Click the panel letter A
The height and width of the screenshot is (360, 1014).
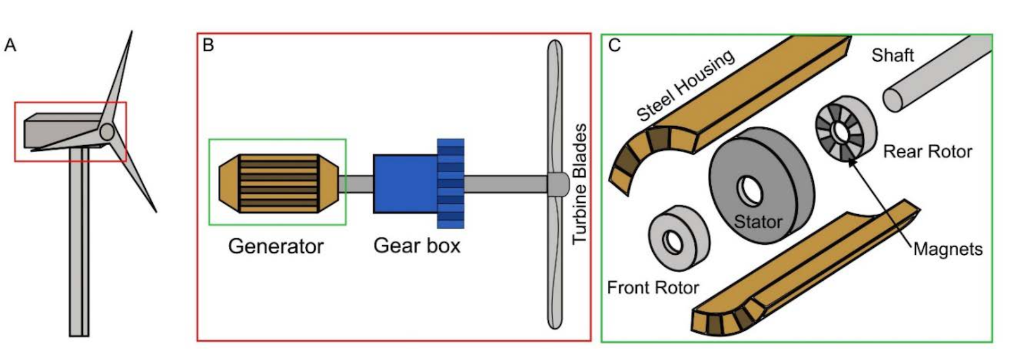click(10, 46)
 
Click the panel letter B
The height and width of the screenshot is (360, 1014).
click(208, 46)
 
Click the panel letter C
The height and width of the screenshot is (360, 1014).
click(613, 46)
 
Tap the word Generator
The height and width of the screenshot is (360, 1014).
click(276, 246)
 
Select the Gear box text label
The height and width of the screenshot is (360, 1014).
click(416, 245)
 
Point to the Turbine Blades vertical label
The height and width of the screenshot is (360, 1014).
click(579, 184)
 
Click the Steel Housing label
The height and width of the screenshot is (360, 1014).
click(685, 85)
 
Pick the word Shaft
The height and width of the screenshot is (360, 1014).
click(892, 56)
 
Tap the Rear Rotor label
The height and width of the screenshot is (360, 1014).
click(927, 151)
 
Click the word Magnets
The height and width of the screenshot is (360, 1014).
click(947, 249)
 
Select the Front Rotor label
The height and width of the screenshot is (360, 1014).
click(653, 288)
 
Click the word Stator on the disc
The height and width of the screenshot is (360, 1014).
click(758, 222)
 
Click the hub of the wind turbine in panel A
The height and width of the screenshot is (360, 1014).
click(107, 132)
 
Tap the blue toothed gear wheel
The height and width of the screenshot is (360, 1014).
click(451, 183)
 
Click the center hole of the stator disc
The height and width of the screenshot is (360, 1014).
click(750, 191)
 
